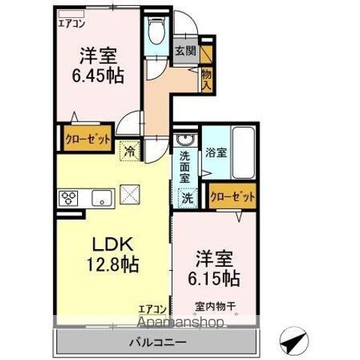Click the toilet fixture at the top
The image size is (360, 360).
[156, 31]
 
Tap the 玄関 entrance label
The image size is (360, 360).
[186, 52]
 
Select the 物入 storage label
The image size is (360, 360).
[207, 77]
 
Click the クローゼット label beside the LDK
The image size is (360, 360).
[87, 139]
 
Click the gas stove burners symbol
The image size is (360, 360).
[69, 198]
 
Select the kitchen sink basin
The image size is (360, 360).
[100, 198]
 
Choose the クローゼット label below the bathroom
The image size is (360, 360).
[232, 196]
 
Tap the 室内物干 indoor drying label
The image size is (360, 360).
[217, 306]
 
